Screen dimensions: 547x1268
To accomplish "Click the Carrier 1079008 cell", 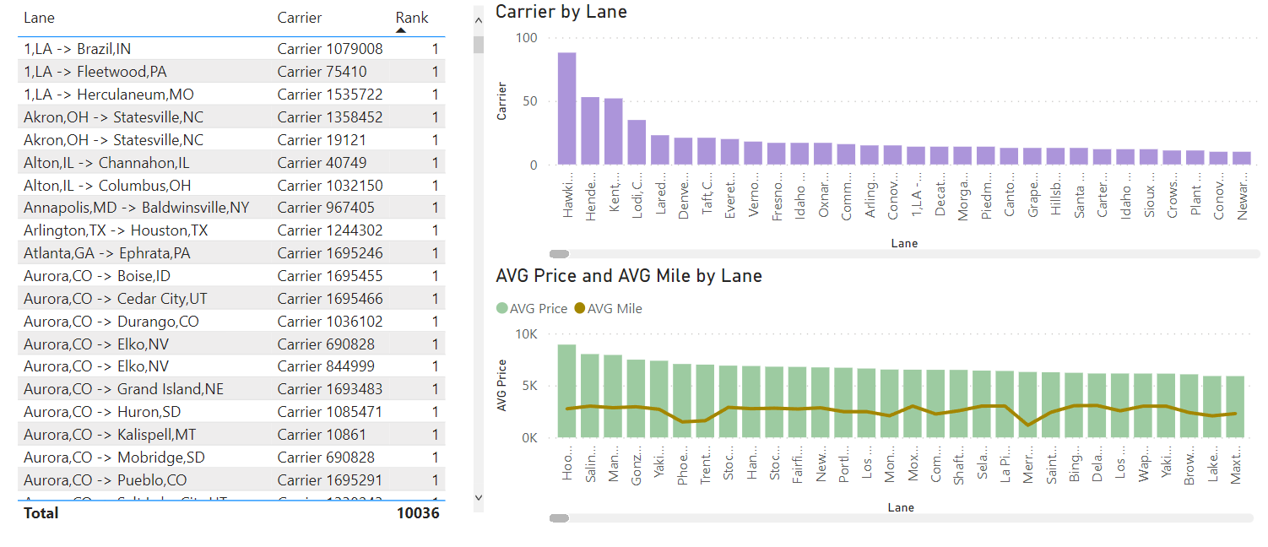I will (329, 49).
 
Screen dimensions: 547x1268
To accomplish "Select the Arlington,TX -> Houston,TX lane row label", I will (116, 230).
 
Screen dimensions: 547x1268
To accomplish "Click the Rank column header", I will (411, 18).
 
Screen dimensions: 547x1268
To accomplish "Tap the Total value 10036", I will (418, 512).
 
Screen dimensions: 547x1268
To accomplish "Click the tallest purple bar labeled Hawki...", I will (566, 109).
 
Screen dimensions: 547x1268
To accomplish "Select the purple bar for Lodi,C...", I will (637, 143).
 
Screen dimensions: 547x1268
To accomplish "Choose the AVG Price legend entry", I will (532, 309).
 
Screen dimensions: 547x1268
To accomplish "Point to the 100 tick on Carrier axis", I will (526, 38).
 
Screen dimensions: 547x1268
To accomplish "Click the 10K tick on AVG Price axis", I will (526, 334).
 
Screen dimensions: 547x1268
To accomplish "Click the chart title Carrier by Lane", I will (561, 12).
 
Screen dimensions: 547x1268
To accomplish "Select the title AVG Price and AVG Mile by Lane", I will (628, 276).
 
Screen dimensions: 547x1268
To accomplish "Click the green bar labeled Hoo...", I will (566, 392).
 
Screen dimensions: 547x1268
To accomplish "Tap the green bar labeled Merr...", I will (1027, 405).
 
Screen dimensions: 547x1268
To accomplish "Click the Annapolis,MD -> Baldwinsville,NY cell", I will (136, 208).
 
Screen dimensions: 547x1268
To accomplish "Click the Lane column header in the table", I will (39, 18).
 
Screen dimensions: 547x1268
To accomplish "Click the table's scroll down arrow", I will (479, 498).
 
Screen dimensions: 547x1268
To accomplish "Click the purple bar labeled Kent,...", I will (614, 132).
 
